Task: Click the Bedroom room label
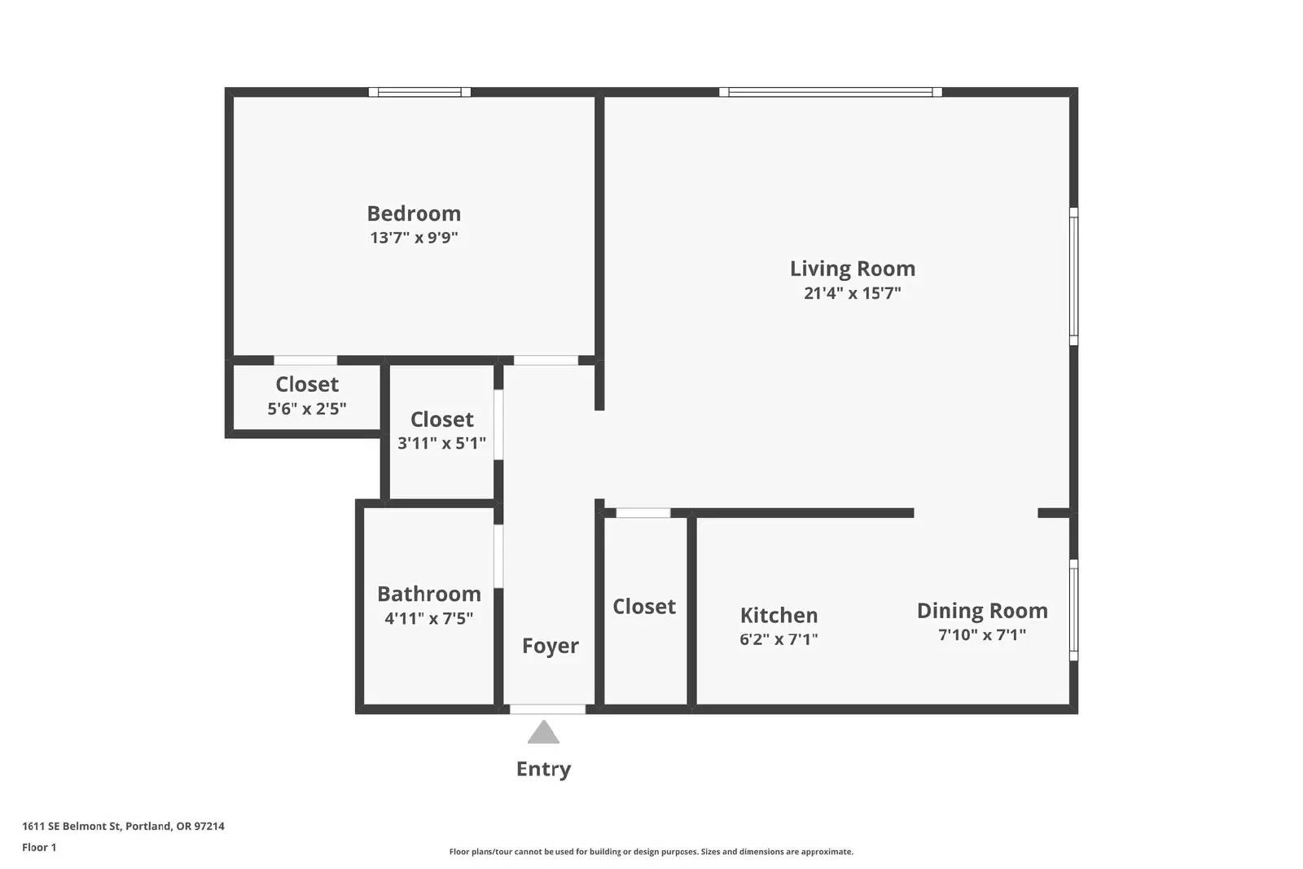414,213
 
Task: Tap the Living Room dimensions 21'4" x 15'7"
852,293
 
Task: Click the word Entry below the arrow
543,769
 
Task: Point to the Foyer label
550,646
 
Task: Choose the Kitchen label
779,615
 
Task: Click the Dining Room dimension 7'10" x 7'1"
982,634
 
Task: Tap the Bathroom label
428,594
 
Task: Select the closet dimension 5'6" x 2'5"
306,409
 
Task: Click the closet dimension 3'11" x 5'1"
441,443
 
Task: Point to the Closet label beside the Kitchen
644,607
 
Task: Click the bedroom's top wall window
419,92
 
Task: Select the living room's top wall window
830,92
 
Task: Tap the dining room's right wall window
1074,610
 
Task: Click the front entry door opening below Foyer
547,709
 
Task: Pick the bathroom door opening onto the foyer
498,556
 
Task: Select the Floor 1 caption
39,848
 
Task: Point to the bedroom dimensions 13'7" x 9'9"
414,238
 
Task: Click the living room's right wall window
1074,276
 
